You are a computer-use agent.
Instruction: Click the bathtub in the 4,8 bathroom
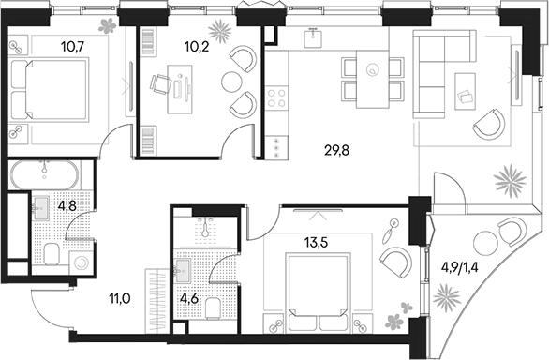coord(47,175)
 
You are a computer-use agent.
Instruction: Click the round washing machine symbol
coord(82,264)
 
